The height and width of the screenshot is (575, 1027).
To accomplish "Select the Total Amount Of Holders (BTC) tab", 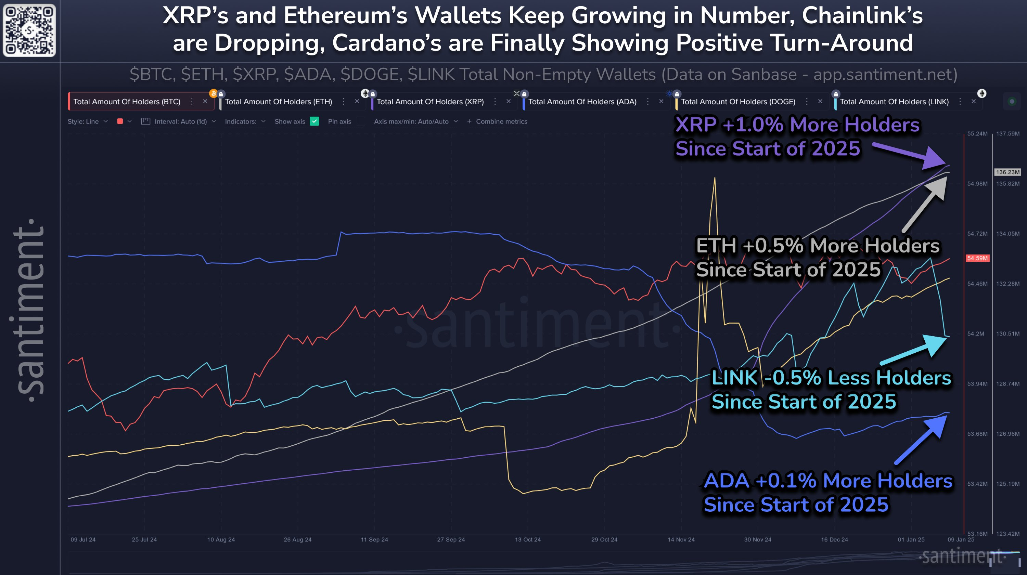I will (127, 102).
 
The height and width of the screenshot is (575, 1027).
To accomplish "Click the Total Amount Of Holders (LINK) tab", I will (894, 102).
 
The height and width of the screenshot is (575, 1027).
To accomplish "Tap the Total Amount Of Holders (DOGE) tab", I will (737, 102).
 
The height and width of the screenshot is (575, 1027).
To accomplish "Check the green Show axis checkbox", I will (314, 121).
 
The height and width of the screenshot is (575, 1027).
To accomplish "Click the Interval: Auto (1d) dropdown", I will (180, 121).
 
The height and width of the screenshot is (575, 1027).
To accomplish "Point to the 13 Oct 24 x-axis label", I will (527, 539).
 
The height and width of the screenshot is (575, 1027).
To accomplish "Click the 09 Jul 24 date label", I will (83, 539).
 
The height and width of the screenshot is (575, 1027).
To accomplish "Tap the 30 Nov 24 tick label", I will (757, 539).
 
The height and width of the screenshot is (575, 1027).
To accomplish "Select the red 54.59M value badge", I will (977, 258).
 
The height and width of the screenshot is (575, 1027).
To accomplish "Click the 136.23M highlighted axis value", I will (1007, 172).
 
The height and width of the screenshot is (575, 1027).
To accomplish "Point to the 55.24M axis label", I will (977, 133).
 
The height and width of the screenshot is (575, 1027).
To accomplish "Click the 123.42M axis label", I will (1007, 534).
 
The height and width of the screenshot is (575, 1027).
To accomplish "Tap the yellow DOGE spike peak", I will (715, 179).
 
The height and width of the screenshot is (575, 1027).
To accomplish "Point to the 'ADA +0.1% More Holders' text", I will (828, 481).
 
